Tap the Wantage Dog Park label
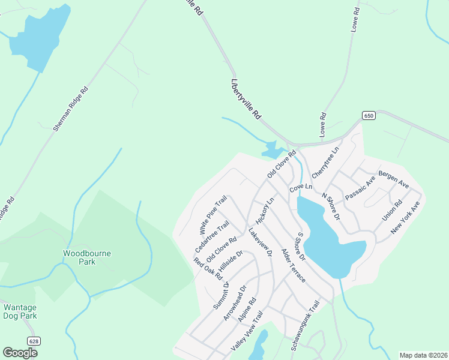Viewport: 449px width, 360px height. tap(20, 311)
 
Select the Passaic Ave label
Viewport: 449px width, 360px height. tap(360, 188)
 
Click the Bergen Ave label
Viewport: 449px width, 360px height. tap(393, 181)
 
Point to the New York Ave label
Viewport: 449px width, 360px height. tap(405, 218)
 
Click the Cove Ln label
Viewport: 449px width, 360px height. tap(301, 188)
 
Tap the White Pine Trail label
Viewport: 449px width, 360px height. tap(212, 215)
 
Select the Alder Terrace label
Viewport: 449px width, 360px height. tap(293, 267)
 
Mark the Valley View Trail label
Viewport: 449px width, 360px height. tap(247, 332)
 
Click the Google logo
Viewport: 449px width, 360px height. tap(20, 353)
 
